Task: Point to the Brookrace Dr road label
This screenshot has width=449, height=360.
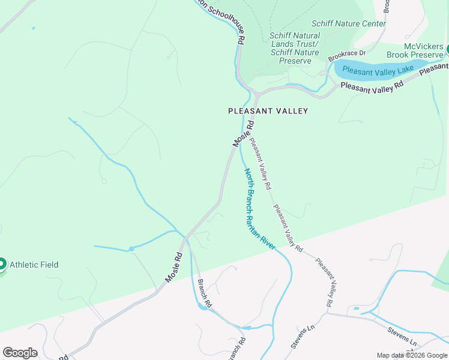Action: coord(347,56)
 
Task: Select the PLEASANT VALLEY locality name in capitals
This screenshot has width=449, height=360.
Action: coord(268,111)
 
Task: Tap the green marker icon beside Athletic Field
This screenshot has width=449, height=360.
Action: coord(2,264)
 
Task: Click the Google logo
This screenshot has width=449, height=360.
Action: coord(20,352)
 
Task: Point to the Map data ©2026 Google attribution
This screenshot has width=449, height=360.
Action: coord(412,355)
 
